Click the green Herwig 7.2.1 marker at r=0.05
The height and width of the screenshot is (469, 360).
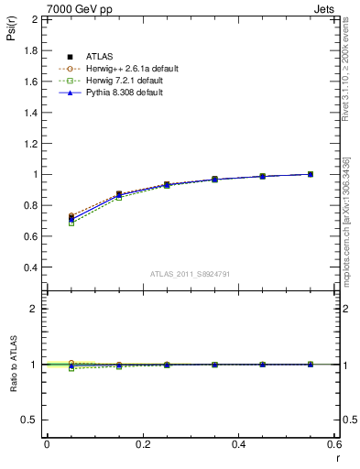pyautogui.click(x=71, y=223)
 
